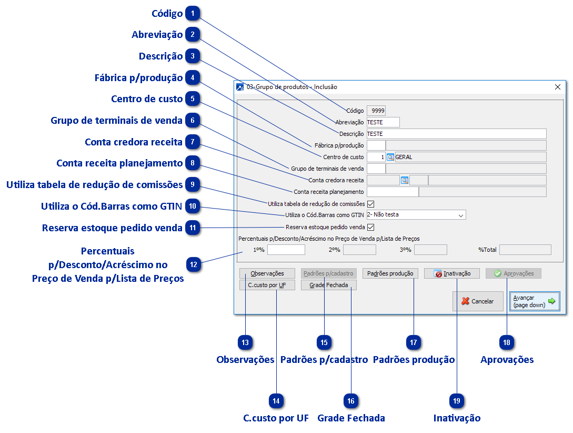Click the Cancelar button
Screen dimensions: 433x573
(477, 301)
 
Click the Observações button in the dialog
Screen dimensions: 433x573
(267, 273)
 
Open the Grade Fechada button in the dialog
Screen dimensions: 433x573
(328, 285)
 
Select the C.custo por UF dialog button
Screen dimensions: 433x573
(267, 285)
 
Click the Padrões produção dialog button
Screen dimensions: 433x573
(390, 273)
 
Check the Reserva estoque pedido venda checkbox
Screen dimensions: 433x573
(370, 228)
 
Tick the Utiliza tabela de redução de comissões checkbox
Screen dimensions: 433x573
(370, 204)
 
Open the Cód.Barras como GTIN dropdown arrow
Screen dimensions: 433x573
(461, 215)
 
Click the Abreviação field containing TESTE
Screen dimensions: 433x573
(383, 122)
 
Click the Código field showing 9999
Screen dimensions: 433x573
(376, 111)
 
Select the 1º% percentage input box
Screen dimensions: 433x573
(286, 250)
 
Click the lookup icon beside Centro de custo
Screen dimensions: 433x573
(390, 157)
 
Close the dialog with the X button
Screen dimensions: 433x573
(558, 87)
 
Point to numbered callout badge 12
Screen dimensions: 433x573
(194, 264)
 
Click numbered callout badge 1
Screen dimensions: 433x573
(193, 13)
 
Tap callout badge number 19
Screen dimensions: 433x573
(456, 401)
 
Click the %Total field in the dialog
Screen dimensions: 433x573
(525, 250)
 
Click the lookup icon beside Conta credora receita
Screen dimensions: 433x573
(404, 180)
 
